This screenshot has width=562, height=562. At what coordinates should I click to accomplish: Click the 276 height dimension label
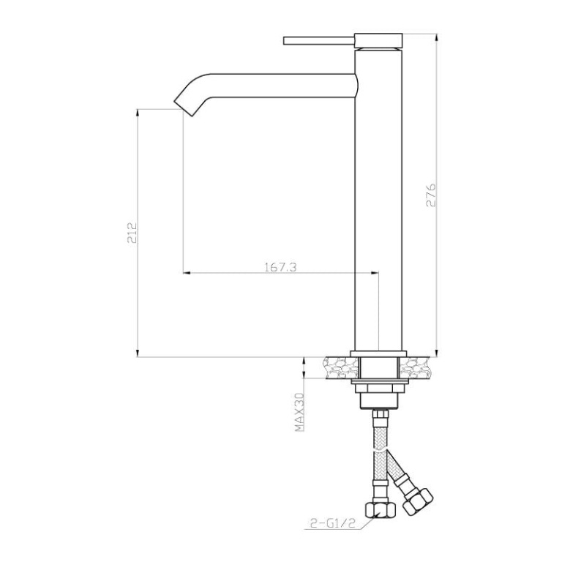tap(430, 195)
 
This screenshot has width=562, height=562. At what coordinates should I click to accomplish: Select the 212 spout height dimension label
tap(132, 233)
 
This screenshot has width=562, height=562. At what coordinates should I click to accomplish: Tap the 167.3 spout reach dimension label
tap(281, 267)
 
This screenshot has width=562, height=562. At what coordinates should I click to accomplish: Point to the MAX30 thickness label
tap(299, 412)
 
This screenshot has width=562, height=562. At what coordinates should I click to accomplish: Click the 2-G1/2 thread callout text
tap(332, 524)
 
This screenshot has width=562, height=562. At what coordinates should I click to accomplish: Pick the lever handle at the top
tap(319, 40)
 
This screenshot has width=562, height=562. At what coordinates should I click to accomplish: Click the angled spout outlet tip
tap(184, 109)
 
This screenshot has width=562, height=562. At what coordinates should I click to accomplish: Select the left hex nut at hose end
tap(380, 509)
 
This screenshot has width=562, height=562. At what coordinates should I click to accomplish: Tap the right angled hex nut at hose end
tap(418, 501)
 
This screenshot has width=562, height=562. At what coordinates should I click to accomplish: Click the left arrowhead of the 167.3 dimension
tap(187, 273)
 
